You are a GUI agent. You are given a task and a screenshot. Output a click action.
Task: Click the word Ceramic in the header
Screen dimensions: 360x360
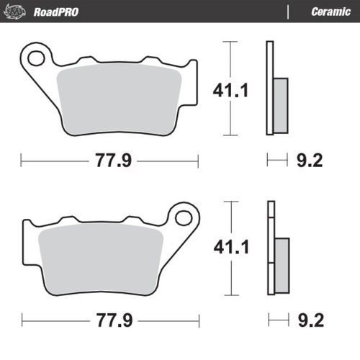click(330, 11)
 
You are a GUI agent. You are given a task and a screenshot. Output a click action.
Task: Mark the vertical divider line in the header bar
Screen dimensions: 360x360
click(288, 11)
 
